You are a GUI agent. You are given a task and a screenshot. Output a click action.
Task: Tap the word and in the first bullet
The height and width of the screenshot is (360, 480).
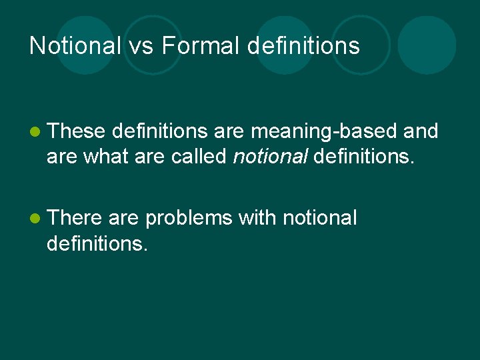tap(421, 132)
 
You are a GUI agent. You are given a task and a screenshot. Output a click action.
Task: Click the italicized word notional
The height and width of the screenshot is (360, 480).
tap(270, 157)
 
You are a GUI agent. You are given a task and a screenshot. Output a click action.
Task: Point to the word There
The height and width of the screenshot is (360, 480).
tap(75, 217)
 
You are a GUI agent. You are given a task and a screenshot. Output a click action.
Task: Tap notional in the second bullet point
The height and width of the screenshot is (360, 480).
tap(320, 217)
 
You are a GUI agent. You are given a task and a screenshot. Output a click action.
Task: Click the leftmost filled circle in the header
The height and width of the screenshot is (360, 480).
tap(86, 45)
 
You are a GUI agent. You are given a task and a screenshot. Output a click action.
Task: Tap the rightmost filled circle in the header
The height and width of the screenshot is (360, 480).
tap(427, 45)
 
